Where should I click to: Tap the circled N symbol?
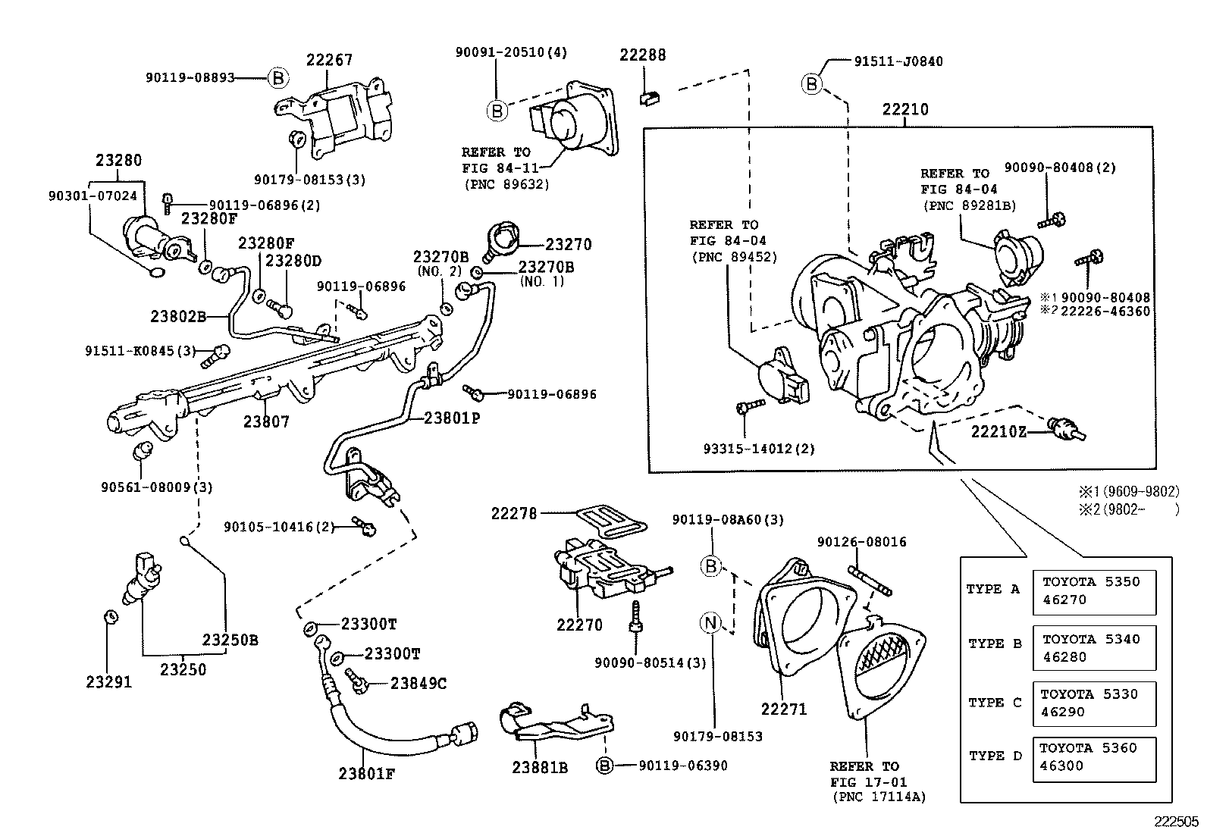coord(710,623)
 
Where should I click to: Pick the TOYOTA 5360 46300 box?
coord(1093,757)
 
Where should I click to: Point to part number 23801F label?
coord(367,774)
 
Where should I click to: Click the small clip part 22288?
coord(648,96)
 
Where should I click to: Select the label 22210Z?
coord(999,431)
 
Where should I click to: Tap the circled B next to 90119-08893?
coord(278,77)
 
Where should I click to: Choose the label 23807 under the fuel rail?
coord(265,421)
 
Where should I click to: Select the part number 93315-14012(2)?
coord(759,449)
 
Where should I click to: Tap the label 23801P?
coord(452,417)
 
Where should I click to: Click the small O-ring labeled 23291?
coord(108,615)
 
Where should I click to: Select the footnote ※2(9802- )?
coord(1129,509)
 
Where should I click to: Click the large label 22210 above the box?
coord(904,110)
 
